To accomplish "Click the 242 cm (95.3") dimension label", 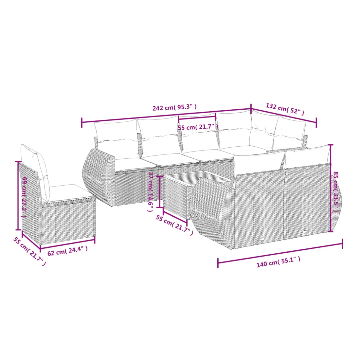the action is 174,107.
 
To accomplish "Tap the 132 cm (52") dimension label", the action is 285,109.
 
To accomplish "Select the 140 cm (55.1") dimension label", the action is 278,262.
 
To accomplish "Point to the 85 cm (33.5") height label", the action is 336,192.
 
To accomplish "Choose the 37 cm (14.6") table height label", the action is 151,191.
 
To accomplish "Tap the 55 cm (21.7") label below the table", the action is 174,225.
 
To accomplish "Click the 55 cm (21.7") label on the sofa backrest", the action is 198,127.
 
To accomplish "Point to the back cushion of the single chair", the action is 36,172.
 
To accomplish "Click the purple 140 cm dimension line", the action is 280,253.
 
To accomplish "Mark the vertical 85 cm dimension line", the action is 331,188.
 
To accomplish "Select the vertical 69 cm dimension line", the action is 18,196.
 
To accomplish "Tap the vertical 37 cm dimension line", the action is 160,192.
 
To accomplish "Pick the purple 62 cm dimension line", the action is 67,244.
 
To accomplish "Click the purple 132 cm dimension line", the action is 284,116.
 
